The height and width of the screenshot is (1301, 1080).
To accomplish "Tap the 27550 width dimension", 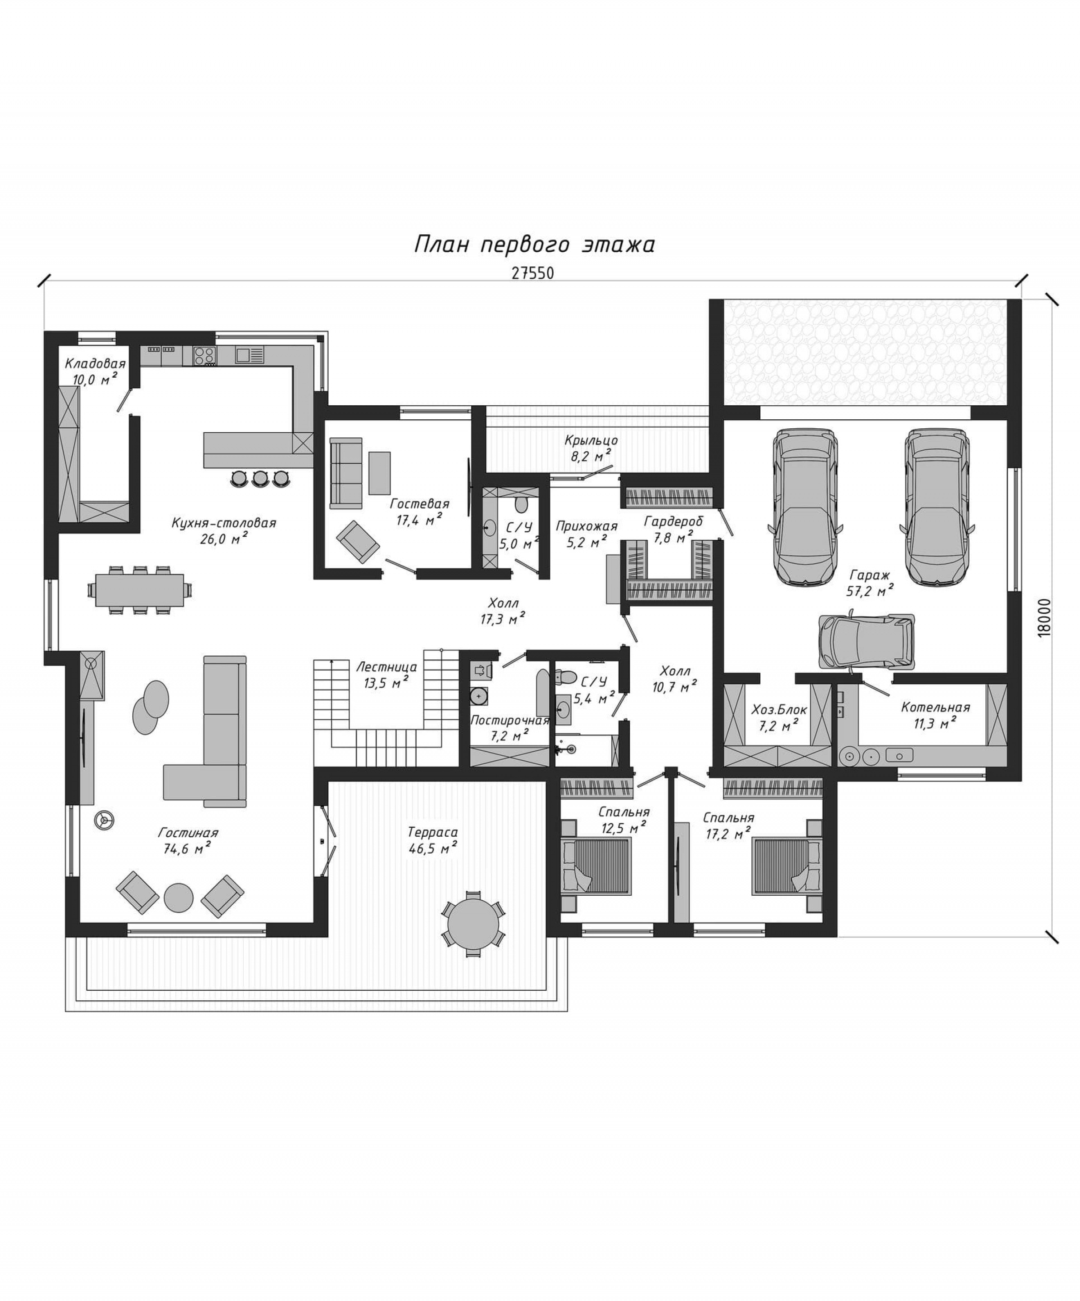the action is click(x=533, y=273).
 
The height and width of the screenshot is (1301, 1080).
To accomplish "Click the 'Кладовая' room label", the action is click(x=95, y=364).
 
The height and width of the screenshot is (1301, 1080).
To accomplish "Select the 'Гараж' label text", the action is click(x=869, y=574).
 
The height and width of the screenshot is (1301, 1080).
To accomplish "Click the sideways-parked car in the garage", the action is click(x=867, y=642).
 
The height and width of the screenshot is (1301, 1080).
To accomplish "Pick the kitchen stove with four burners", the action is click(x=205, y=355).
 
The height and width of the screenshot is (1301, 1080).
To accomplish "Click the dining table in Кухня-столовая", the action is click(x=140, y=589).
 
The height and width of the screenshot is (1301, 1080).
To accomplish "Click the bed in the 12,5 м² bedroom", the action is click(x=596, y=866).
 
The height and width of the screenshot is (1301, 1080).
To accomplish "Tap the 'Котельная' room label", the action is click(x=935, y=708).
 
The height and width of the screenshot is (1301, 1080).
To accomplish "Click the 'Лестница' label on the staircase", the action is click(x=386, y=667).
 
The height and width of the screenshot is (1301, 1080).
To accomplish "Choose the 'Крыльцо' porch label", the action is click(x=591, y=441).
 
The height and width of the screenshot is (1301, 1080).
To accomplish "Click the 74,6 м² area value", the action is click(x=187, y=849).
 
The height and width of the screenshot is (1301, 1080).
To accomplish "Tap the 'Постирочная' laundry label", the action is click(x=510, y=720).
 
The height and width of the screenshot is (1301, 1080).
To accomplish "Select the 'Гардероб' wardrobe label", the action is click(x=673, y=521).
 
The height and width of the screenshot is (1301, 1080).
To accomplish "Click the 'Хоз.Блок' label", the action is click(x=779, y=710).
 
